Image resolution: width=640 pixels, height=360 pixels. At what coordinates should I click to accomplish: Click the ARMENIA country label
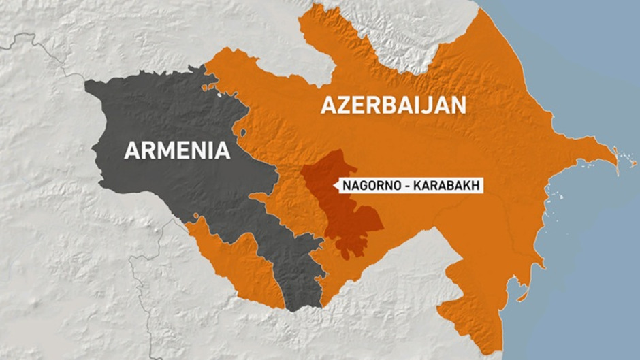coord(176,150)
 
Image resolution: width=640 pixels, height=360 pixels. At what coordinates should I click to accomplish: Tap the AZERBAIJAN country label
coord(394,105)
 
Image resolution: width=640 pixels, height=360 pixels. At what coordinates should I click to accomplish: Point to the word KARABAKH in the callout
coord(447,184)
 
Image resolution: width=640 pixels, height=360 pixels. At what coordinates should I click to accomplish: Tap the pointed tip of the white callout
coord(336,184)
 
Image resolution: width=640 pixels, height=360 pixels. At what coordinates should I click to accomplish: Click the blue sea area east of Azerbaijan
coord(586,259)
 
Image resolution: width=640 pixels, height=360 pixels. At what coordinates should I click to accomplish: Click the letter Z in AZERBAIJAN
coord(345,105)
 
